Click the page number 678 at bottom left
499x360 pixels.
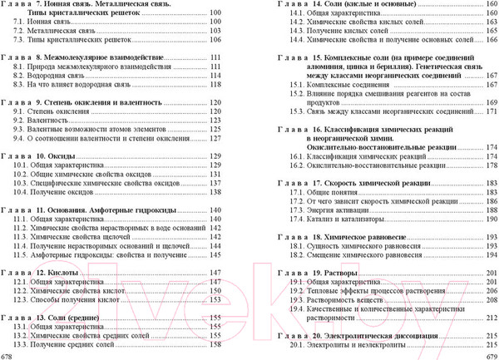(x=7, y=355)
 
